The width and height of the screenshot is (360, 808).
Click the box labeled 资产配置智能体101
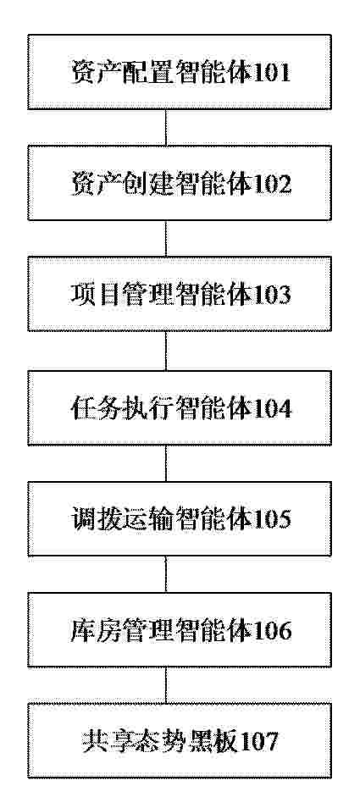[180, 72]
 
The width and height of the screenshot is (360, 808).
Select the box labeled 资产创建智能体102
[180, 183]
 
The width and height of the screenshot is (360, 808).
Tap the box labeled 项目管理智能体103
[180, 294]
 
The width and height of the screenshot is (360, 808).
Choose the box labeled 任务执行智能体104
[180, 407]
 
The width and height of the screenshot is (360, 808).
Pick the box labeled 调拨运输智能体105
[180, 518]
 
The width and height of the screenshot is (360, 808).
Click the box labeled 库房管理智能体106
[180, 629]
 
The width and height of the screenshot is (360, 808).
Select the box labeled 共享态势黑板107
[180, 740]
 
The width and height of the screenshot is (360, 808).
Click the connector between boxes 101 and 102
[166, 127]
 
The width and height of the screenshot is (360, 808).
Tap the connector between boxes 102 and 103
[166, 239]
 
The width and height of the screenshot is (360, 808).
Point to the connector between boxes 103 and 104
[166, 351]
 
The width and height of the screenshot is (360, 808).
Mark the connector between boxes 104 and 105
[166, 463]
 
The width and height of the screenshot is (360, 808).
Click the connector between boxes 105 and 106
[166, 574]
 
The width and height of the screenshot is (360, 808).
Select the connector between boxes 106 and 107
[166, 685]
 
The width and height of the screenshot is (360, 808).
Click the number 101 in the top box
[270, 73]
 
